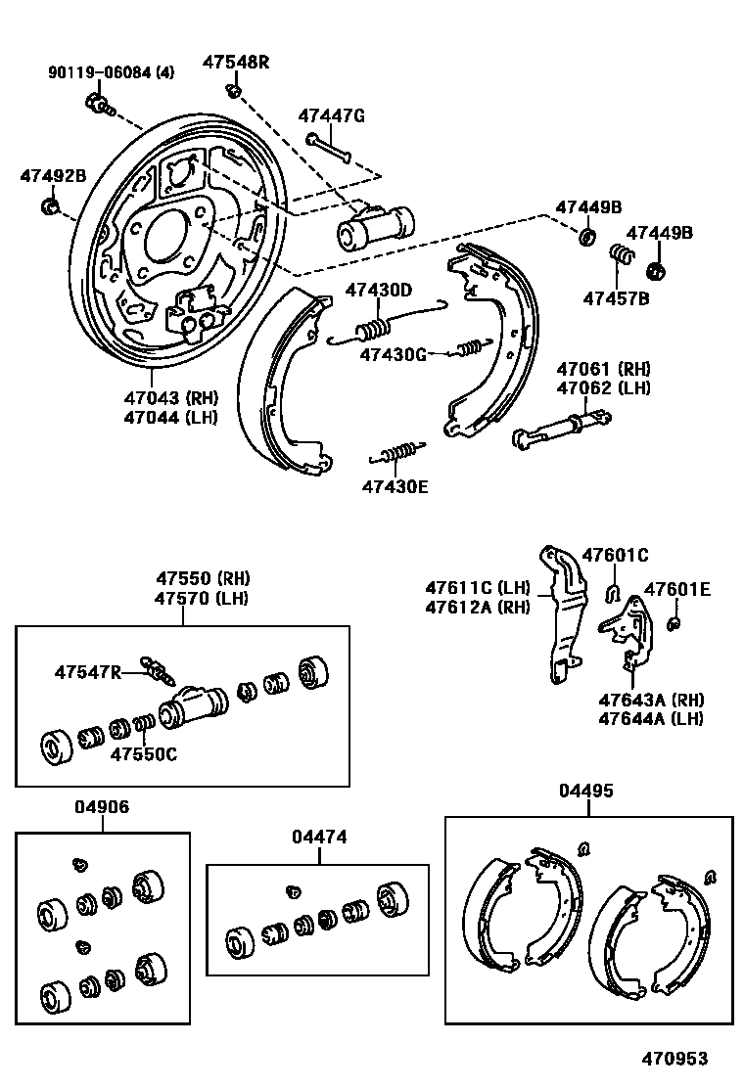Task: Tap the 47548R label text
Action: (236, 62)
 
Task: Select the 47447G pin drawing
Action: (329, 146)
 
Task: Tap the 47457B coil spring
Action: (620, 257)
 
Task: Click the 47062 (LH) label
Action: (604, 387)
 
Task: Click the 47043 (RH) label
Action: (170, 398)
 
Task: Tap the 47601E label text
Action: (676, 589)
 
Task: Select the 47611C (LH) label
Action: (478, 588)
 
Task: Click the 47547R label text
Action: (88, 672)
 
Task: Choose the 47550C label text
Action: (143, 754)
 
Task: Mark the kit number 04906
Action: (101, 807)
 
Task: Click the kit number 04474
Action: (319, 838)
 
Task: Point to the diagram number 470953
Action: (674, 1059)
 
